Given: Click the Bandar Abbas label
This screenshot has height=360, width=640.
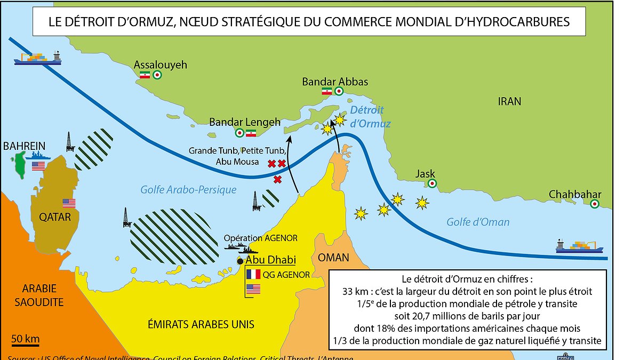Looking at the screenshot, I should coord(335,82).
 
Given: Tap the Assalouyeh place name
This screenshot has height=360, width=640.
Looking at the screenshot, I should coord(161,65).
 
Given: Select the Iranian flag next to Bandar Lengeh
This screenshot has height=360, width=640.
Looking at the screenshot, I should coord(251,133).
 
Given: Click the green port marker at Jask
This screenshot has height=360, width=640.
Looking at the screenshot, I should coord(432,184).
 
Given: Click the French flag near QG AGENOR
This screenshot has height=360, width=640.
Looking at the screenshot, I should coord(253,275).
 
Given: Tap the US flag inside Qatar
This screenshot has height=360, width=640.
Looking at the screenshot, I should coord(69,203).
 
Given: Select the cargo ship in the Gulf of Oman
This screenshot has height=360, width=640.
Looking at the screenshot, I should coord(579,246).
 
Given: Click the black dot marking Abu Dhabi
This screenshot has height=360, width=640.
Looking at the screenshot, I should coord(241,261).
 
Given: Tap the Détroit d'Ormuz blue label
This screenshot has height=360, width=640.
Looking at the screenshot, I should coord(371,117).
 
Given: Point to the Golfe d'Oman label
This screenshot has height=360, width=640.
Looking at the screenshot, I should coord(477,222).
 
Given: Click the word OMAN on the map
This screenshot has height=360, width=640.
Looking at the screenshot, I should coord(333,258).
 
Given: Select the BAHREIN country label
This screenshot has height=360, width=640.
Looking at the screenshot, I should coord(24,146).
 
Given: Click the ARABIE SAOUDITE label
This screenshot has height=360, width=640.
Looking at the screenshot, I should coord(43,295).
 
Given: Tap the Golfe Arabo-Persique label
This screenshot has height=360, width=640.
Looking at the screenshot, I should coord(188,189).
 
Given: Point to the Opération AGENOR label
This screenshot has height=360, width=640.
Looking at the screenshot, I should coord(261,238).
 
